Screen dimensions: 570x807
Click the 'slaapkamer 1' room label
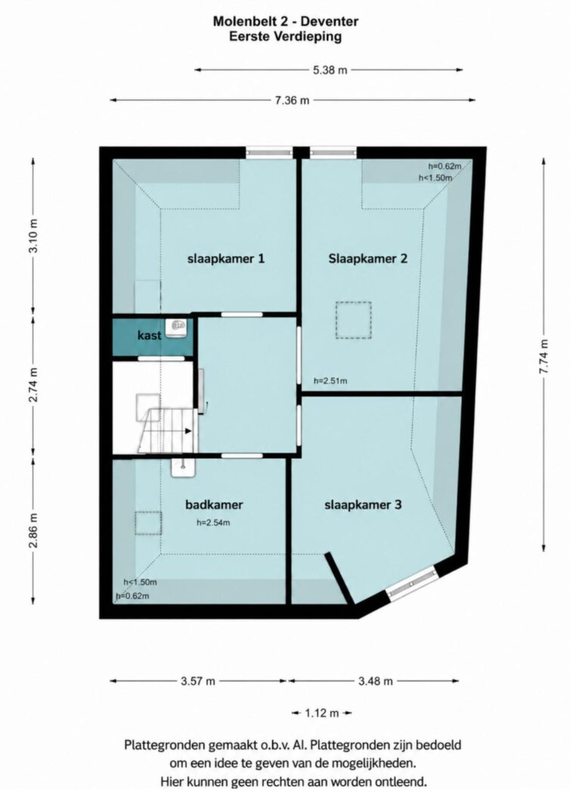(226, 259)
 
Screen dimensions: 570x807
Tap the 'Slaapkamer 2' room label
(368, 259)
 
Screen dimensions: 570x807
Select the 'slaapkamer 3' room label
(363, 505)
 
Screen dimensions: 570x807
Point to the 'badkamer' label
(214, 504)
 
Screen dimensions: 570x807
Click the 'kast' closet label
(149, 336)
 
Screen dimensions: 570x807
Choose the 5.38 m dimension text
(330, 70)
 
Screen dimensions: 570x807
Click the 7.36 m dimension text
(293, 101)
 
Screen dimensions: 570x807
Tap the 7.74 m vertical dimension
(544, 358)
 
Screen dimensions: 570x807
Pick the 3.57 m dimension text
(198, 681)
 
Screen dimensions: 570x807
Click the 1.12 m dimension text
(322, 713)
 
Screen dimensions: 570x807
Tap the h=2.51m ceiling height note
(330, 381)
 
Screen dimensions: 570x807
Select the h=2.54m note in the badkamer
(213, 523)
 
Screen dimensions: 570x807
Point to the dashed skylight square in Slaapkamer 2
(354, 320)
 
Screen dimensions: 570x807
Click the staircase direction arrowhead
(188, 431)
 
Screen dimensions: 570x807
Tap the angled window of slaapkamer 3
(412, 584)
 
